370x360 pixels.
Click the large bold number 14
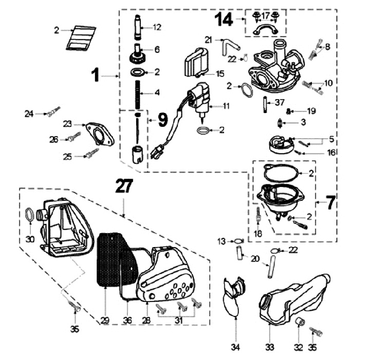coord(224,20)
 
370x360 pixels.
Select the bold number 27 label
coord(124,186)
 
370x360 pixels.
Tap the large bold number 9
coord(163,120)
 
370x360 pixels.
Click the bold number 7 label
coord(330,202)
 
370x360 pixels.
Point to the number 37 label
coord(280,103)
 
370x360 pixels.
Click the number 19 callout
coord(311,111)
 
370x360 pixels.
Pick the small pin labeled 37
coord(266,105)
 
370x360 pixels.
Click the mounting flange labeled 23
coord(100,134)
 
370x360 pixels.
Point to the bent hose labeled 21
coord(230,46)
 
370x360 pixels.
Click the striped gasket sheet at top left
coord(81,38)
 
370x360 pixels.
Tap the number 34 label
coord(235,347)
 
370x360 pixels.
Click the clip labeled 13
coord(239,241)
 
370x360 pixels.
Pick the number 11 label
coord(226,106)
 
